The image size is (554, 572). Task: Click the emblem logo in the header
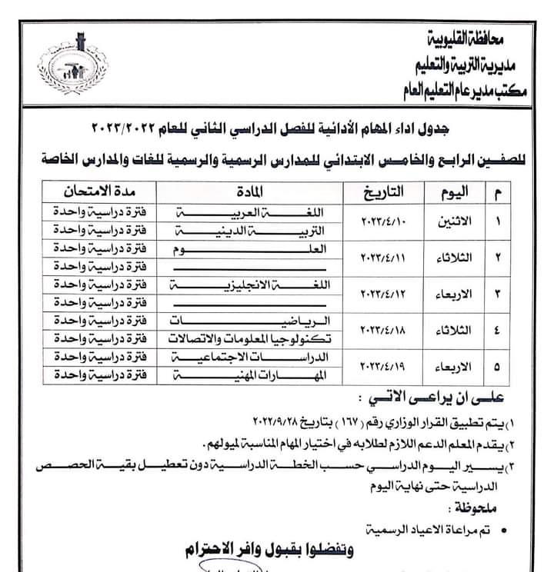(74, 65)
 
